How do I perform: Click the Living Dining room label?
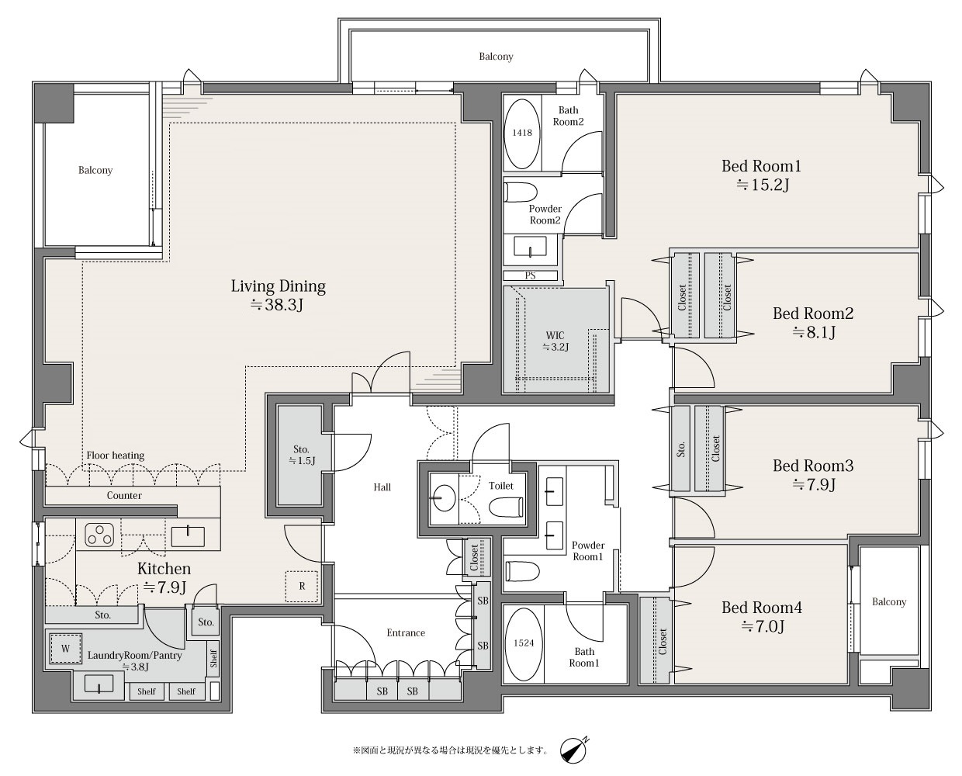point(278,295)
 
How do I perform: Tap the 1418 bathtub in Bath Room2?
point(521,133)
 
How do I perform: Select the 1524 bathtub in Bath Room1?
point(524,643)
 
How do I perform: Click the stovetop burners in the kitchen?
point(99,535)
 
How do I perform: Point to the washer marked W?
point(65,649)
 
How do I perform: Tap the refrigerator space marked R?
point(302,587)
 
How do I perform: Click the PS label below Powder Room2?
point(530,275)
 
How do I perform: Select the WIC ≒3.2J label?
point(555,341)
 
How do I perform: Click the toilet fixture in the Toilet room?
point(506,508)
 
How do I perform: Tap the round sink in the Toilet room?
point(444,497)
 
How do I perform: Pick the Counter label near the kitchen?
point(124,496)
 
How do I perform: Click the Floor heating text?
point(116,456)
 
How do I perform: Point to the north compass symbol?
point(574,750)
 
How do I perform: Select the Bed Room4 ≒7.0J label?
point(762,617)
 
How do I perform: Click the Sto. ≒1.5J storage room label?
point(302,455)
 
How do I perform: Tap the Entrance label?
point(406,632)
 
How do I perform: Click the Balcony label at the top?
point(496,57)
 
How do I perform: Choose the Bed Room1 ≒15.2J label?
point(761,175)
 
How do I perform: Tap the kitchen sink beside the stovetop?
point(188,536)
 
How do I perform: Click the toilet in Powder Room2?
point(521,192)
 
